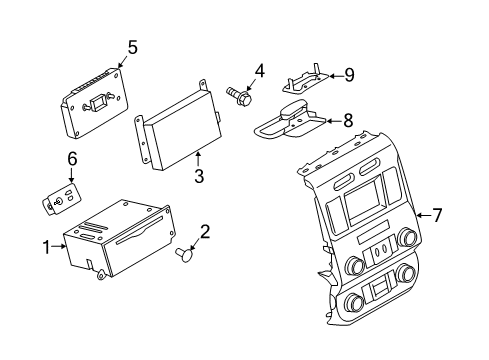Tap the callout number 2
point(205,233)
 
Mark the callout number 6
point(72,157)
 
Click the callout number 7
point(436,214)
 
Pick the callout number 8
point(347,120)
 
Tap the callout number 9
point(349,73)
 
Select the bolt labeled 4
point(239,96)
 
